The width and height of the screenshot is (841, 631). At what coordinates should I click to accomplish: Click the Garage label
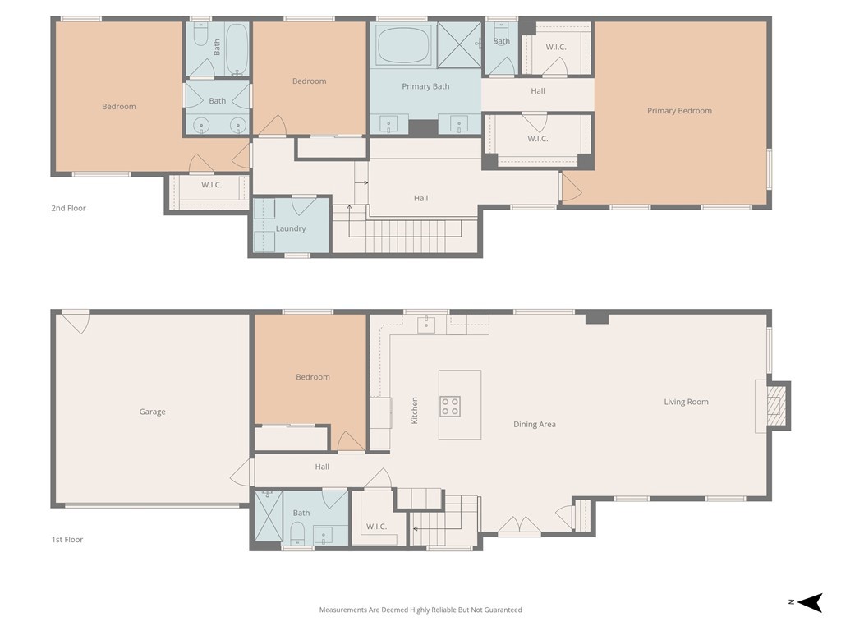point(152,412)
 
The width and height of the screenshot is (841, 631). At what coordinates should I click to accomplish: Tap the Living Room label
point(686,402)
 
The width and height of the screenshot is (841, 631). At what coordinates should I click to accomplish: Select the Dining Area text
point(534,425)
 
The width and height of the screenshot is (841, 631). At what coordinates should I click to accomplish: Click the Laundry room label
point(291,228)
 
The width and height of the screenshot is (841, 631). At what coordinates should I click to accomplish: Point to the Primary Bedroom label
point(679,111)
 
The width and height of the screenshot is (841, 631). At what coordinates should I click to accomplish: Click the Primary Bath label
point(426,86)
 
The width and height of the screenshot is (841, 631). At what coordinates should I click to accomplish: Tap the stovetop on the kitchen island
point(450,406)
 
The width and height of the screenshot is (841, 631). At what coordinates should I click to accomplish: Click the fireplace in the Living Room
point(776,406)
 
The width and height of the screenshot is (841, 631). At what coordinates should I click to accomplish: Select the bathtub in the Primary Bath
point(404,45)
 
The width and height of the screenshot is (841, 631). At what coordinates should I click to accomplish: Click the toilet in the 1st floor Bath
point(297,533)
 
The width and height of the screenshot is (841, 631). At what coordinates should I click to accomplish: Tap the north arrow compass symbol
point(809,602)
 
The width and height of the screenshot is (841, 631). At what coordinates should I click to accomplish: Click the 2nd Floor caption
point(68,208)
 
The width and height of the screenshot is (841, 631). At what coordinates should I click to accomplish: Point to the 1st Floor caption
point(67,540)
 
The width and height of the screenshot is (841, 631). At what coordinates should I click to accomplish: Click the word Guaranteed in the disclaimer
point(502,610)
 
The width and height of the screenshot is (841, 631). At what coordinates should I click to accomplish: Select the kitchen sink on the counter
point(426,325)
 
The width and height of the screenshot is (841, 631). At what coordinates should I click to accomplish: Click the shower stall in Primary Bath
point(459,45)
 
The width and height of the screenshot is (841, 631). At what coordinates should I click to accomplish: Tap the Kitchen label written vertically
point(415,411)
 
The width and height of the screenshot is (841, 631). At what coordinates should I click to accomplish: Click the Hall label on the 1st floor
point(322,467)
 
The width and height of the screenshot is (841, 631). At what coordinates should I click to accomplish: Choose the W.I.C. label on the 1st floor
point(376,527)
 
